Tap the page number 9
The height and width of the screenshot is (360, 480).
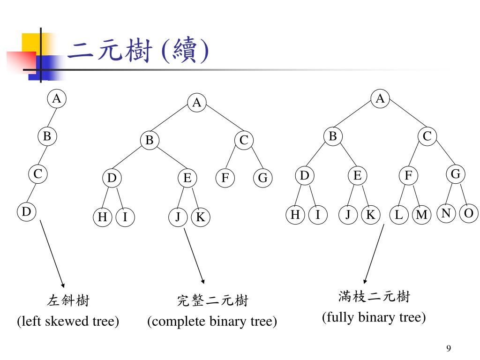(x=449, y=348)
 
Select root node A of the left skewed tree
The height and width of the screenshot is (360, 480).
(x=56, y=99)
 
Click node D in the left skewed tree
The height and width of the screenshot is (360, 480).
(x=27, y=212)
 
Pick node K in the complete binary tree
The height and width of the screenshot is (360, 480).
(x=201, y=217)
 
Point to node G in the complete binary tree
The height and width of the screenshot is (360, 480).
(x=262, y=178)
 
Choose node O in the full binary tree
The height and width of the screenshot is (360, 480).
(x=468, y=213)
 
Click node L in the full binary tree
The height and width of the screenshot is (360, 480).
(x=399, y=215)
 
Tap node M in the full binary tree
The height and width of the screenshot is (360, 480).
(x=422, y=215)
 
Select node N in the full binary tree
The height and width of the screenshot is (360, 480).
(x=446, y=213)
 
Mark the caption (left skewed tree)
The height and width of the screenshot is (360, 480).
(x=68, y=322)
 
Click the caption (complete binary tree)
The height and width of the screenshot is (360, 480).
(x=212, y=322)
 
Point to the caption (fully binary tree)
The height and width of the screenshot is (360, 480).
(x=374, y=317)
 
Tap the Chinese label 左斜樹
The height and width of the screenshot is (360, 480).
(x=68, y=300)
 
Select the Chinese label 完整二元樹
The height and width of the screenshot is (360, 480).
(x=212, y=300)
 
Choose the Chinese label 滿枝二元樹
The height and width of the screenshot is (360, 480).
(x=374, y=296)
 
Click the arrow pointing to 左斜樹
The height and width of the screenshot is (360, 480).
(x=52, y=253)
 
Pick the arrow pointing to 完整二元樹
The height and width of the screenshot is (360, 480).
(x=194, y=255)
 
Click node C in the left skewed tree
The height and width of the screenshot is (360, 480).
(x=37, y=174)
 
